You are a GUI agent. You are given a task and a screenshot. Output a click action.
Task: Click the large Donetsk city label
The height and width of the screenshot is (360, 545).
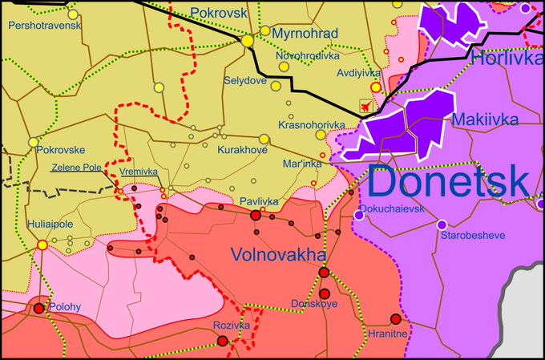[x=450, y=183]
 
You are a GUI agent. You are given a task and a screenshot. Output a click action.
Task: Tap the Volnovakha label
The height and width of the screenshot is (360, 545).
[x=278, y=254]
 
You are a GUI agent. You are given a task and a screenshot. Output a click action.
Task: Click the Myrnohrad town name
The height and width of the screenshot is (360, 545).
[x=305, y=34]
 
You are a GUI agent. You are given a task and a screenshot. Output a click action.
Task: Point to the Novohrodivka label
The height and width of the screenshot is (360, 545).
[x=308, y=56]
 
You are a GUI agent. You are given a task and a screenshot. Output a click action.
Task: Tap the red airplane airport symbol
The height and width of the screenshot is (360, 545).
[x=367, y=105]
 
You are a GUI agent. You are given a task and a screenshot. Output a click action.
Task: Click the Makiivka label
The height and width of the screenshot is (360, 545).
[x=485, y=119]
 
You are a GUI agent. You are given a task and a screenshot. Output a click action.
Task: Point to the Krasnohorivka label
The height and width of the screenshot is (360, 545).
[x=311, y=126]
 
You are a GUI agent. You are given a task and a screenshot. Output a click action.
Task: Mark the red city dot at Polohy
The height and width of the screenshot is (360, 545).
[x=38, y=308]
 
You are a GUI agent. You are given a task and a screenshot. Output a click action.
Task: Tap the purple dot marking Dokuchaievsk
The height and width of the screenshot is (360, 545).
[x=357, y=216]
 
